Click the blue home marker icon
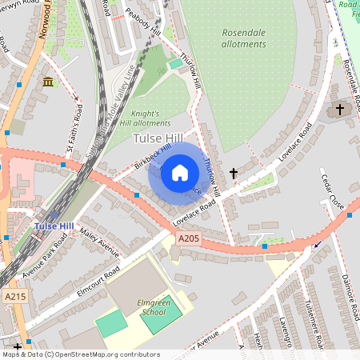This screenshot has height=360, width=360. point(180,173)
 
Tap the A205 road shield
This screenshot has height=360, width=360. point(188,238)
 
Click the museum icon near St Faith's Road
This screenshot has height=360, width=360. point(48,82)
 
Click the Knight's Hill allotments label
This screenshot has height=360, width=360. point(150,118)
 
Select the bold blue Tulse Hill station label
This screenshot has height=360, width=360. point(54,226)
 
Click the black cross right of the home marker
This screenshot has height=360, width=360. point(234,173)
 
